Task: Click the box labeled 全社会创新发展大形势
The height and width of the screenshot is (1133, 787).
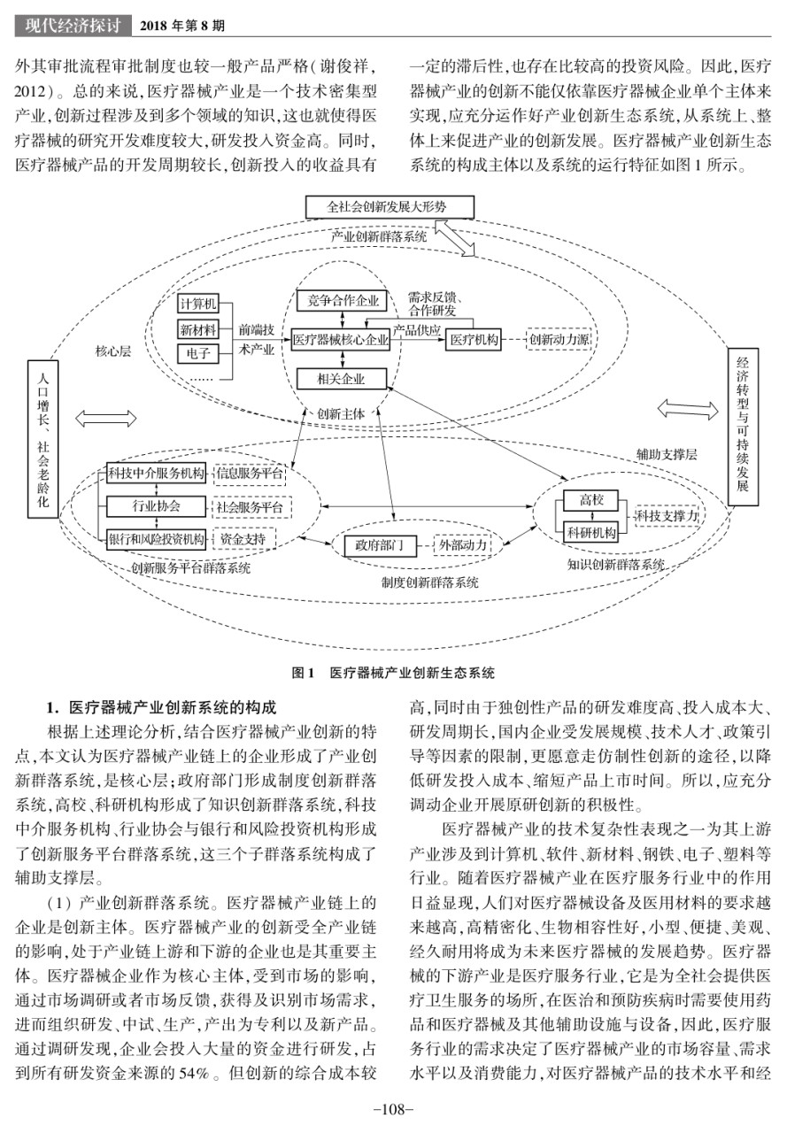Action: [390, 207]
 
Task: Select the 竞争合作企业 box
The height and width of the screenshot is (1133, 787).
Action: [342, 301]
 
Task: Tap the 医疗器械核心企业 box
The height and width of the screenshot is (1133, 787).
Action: [342, 339]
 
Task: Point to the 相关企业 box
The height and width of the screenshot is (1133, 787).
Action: [342, 378]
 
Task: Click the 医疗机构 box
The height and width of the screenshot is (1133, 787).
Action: [474, 339]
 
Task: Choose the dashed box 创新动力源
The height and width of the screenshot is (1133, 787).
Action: [559, 339]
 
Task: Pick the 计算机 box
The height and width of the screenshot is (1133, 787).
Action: [198, 304]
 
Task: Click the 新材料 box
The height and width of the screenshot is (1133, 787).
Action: [198, 330]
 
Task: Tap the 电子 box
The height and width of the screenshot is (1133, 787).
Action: [198, 353]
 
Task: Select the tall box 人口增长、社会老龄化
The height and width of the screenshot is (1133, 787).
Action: [43, 439]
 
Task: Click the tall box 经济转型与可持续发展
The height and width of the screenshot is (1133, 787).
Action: [743, 427]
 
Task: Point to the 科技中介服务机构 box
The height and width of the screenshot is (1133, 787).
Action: [157, 474]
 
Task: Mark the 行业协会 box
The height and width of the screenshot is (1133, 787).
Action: [157, 505]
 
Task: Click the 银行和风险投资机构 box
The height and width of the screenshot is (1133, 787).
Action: [157, 539]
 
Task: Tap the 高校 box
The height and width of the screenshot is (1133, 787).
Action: [590, 501]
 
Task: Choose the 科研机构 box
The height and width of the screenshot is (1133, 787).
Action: [590, 532]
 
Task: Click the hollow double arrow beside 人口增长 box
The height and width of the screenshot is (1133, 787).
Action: [105, 419]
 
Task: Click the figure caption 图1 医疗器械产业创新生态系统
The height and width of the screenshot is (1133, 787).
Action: [393, 673]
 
